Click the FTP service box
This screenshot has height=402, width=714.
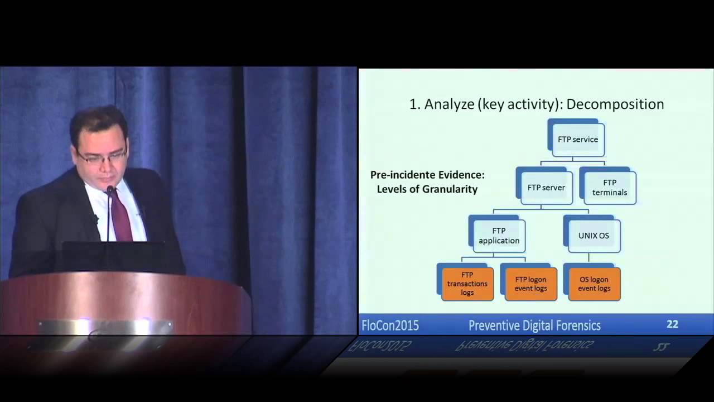578,140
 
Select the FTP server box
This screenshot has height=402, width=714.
546,188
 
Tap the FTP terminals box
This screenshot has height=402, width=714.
610,188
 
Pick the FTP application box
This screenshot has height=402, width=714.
499,236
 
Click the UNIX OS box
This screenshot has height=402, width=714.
594,236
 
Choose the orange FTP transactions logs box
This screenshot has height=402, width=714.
467,284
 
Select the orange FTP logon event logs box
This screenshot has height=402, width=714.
530,284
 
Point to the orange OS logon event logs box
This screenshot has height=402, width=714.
594,284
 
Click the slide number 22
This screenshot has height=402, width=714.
672,324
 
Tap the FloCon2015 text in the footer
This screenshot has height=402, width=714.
390,326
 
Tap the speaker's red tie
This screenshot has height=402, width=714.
120,215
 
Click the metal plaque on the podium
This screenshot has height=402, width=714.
105,327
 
